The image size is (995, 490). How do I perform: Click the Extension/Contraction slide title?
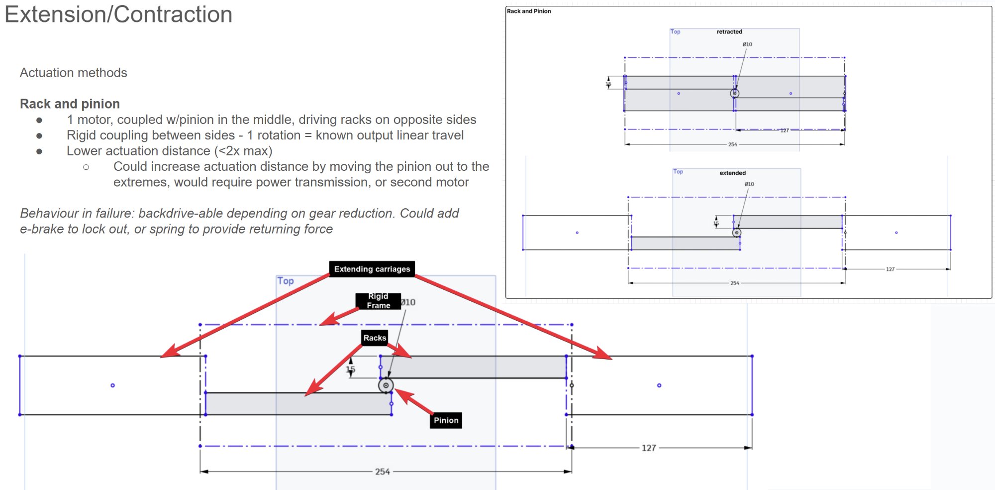click(x=118, y=14)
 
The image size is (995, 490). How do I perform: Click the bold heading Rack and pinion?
click(x=70, y=104)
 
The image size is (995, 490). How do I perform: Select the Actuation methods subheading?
click(x=74, y=73)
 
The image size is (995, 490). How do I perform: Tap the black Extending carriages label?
click(x=372, y=269)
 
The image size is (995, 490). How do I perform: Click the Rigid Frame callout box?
click(x=378, y=301)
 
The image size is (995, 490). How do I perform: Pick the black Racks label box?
click(x=375, y=338)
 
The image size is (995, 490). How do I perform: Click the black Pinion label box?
click(x=446, y=420)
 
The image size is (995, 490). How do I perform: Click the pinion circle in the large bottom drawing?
click(x=386, y=385)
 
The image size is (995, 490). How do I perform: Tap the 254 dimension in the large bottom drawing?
click(x=382, y=472)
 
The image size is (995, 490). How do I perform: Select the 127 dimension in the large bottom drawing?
click(x=649, y=448)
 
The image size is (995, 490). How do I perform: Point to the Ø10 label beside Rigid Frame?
click(x=408, y=302)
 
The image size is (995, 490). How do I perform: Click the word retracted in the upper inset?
click(x=729, y=31)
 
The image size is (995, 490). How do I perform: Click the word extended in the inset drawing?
click(x=732, y=173)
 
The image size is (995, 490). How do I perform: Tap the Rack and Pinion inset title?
click(x=529, y=11)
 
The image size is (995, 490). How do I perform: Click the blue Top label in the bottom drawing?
click(x=286, y=281)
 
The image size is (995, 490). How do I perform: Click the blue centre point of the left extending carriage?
click(x=112, y=385)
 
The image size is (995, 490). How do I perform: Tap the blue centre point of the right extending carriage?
click(x=659, y=385)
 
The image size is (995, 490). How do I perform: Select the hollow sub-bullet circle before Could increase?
click(x=86, y=167)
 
